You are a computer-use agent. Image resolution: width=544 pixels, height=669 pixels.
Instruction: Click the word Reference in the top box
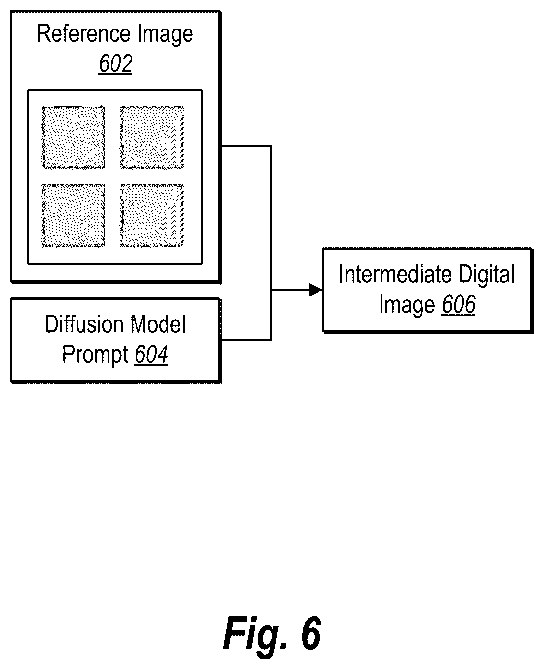[x=83, y=33]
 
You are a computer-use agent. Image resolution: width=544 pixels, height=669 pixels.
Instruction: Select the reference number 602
[x=115, y=63]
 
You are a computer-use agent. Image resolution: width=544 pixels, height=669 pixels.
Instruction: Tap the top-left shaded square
[x=73, y=137]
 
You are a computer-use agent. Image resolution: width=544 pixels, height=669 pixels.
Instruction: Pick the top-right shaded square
[x=152, y=137]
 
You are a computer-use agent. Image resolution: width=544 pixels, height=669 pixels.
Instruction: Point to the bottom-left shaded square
[x=73, y=216]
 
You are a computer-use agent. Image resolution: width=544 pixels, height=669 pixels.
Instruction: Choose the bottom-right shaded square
[x=152, y=216]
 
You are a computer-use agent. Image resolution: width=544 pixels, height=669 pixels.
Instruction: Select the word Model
[x=158, y=324]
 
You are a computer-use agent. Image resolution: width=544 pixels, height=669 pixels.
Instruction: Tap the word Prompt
[x=95, y=355]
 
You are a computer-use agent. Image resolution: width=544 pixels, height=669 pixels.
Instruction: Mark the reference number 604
[x=152, y=354]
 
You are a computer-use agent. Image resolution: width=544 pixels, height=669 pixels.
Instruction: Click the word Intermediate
[x=396, y=274]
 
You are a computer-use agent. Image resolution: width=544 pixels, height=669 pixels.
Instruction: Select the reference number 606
[x=459, y=304]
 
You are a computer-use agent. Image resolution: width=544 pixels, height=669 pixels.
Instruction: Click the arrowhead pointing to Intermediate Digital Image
[x=316, y=290]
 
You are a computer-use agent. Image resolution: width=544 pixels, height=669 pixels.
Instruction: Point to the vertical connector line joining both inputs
[x=271, y=243]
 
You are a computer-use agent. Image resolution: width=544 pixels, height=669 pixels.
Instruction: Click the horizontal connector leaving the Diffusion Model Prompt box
[x=246, y=340]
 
